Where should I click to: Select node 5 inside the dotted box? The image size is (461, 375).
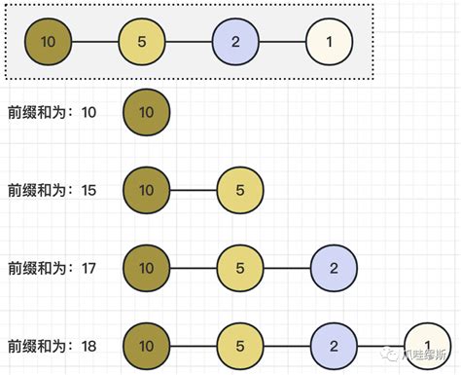(x=142, y=42)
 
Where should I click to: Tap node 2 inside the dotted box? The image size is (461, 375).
(x=236, y=42)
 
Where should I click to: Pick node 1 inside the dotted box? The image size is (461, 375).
(x=330, y=42)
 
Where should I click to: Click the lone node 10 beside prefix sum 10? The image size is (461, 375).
(x=146, y=112)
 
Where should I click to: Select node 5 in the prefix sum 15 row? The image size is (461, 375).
(x=240, y=189)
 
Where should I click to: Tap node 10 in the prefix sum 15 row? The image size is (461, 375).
(x=146, y=189)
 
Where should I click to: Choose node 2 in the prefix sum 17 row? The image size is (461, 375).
(x=334, y=267)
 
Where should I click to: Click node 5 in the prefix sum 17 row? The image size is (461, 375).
(x=240, y=267)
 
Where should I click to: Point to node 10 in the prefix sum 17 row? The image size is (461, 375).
(x=146, y=267)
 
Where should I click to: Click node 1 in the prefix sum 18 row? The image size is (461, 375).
(x=427, y=345)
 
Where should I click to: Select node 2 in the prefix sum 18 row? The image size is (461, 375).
(x=334, y=345)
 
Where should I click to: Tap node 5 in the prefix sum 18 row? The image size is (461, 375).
(x=240, y=345)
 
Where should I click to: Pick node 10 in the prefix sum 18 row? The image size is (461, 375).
(x=146, y=345)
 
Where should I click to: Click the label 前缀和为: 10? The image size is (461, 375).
(x=52, y=113)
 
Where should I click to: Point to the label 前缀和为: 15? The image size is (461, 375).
(x=52, y=190)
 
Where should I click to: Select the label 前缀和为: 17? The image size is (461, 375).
(x=52, y=268)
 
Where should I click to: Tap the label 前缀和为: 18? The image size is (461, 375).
(x=52, y=346)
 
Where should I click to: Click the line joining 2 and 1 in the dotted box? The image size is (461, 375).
(x=283, y=42)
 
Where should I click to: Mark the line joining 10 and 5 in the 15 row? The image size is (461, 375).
(x=193, y=189)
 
